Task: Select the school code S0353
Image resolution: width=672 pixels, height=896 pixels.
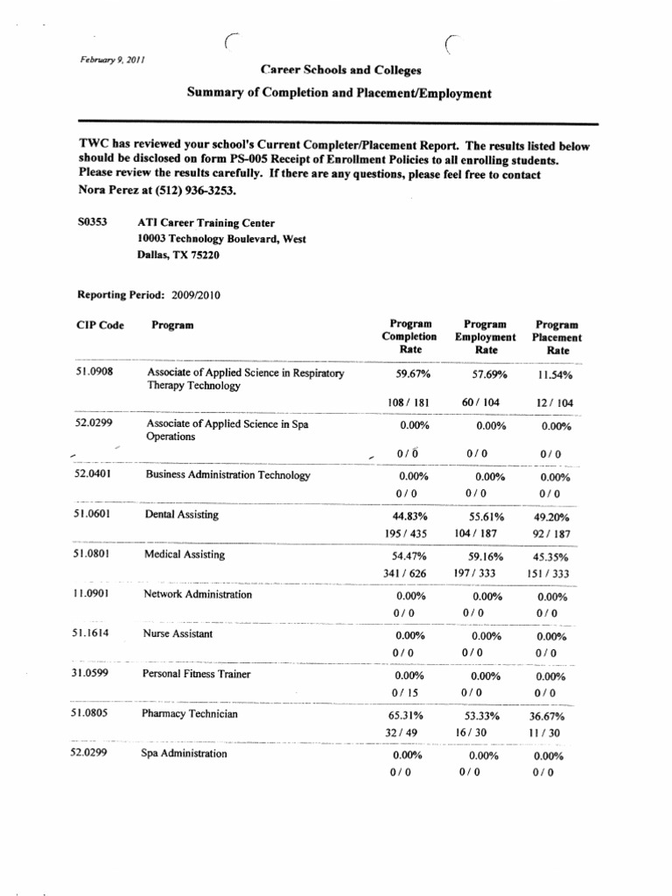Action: (x=93, y=222)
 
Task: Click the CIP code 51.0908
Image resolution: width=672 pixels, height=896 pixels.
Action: (x=95, y=372)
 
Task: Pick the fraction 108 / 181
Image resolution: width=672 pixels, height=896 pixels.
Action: (x=407, y=402)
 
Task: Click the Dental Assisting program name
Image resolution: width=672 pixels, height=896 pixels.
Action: (x=182, y=514)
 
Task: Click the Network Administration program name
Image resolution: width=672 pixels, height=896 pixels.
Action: (x=198, y=594)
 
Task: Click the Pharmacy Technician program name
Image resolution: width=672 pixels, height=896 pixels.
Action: (x=190, y=713)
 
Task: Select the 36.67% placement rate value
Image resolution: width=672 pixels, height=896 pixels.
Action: (x=552, y=716)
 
